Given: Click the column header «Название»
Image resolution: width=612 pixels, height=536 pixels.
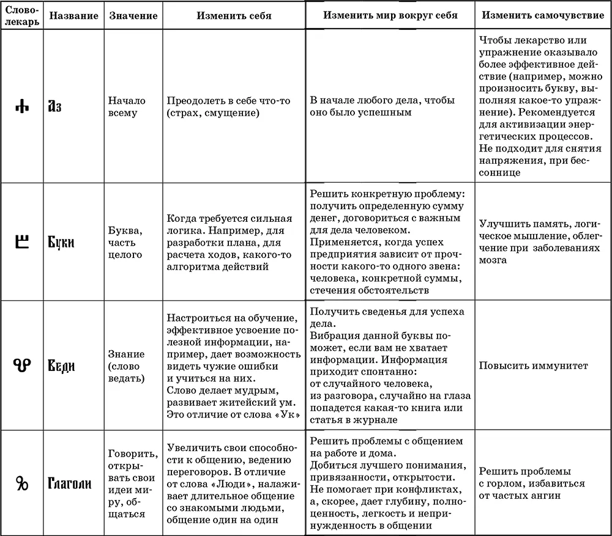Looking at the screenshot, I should (x=73, y=16).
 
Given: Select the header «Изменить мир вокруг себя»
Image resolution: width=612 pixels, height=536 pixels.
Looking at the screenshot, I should (x=390, y=15).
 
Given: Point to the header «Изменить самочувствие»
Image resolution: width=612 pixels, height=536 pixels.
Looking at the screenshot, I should (x=542, y=15).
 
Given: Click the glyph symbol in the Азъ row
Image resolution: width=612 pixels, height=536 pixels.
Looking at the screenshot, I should (x=22, y=106).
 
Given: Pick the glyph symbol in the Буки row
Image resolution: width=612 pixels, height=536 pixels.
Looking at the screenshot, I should (x=21, y=241).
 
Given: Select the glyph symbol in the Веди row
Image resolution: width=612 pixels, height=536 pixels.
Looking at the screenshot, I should (x=21, y=365).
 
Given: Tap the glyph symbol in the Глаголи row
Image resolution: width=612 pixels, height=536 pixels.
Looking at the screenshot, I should (x=22, y=483).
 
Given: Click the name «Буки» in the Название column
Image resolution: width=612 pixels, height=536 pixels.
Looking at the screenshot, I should (x=61, y=242).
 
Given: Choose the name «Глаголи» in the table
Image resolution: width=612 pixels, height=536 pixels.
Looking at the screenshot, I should (x=70, y=483).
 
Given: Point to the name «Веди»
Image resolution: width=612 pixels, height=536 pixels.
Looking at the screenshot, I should (x=61, y=366).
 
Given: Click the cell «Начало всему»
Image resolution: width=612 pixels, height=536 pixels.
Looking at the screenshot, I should (x=123, y=106).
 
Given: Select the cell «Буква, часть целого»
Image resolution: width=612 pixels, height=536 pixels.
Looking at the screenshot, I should (x=125, y=242).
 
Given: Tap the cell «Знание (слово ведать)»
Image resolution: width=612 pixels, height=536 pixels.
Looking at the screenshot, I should (x=126, y=366).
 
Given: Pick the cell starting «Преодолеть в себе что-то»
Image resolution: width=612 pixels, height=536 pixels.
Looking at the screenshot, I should (x=228, y=106).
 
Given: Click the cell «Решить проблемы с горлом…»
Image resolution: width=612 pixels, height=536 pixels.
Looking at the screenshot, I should (x=531, y=483).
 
